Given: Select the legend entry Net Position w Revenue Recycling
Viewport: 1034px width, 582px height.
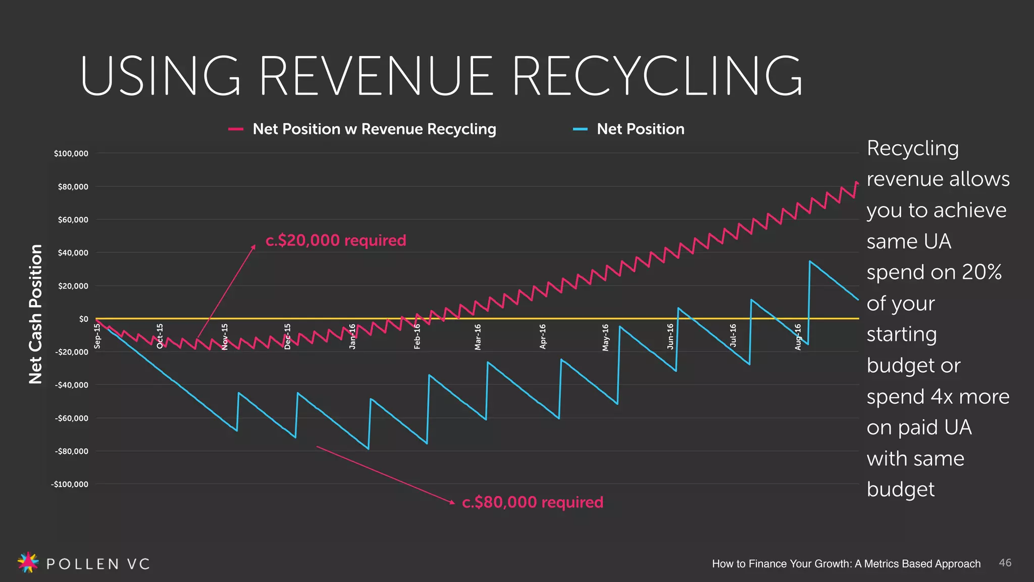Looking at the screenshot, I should tap(374, 129).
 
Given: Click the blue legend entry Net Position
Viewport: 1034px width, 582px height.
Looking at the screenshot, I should tap(640, 129).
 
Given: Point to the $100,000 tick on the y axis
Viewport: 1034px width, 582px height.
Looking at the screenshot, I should tap(71, 154).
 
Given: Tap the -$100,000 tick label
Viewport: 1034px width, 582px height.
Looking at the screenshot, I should tap(70, 484).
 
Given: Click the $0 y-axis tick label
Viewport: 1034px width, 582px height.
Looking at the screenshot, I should tap(83, 319).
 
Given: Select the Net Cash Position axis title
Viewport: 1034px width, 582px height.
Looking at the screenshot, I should tap(35, 314).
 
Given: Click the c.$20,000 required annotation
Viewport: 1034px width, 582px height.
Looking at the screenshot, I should tap(336, 240).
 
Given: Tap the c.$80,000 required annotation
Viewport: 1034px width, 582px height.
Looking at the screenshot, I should tap(533, 503).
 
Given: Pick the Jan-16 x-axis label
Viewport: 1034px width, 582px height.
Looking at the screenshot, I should tap(352, 336).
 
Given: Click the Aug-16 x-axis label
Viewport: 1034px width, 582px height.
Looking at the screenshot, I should tap(798, 337).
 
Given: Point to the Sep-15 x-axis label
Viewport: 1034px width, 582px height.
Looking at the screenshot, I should tap(97, 336).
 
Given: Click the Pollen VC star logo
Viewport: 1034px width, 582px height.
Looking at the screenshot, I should tap(28, 562).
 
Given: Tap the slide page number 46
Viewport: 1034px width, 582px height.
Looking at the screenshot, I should tap(1005, 563).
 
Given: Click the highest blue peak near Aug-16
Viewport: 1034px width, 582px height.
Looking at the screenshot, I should tap(810, 261).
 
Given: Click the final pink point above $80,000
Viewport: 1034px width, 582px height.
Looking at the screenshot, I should tap(856, 183).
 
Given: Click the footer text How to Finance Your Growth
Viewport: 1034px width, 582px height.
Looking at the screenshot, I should tap(846, 564).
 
